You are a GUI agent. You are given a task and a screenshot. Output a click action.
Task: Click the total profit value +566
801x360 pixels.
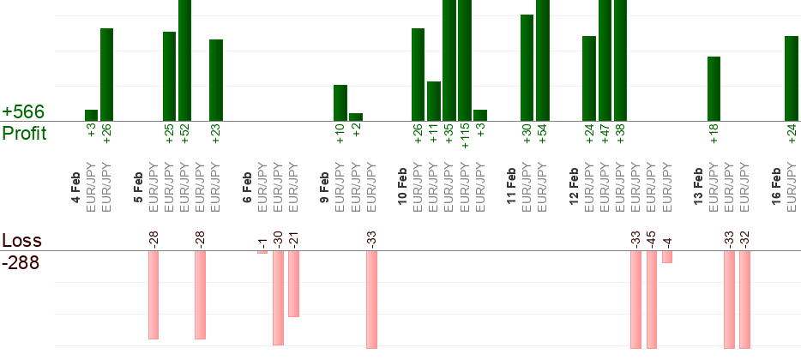[x=23, y=112]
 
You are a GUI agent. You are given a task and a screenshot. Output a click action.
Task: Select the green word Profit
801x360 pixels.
[x=25, y=133]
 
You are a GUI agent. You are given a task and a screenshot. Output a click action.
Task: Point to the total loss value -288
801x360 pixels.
[x=21, y=261]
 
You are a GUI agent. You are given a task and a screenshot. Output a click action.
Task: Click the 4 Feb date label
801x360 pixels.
[x=76, y=189]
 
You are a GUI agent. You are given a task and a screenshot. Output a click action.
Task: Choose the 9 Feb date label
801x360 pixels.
[x=325, y=189]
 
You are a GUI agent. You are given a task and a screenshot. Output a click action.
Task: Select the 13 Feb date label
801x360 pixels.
[x=699, y=189]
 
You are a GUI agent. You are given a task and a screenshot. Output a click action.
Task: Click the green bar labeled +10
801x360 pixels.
[x=340, y=103]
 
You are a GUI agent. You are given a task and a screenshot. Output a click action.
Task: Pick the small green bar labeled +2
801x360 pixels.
[x=356, y=117]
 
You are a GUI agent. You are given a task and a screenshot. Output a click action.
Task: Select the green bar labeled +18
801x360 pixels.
[x=714, y=88]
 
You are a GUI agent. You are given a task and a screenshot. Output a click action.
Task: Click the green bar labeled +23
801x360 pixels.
[x=216, y=80]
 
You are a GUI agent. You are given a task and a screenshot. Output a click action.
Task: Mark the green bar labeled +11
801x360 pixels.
[x=434, y=101]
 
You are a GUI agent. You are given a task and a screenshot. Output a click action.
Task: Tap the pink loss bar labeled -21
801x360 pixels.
[x=293, y=284]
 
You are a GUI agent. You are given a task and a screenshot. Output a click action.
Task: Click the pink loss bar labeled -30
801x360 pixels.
[x=278, y=297]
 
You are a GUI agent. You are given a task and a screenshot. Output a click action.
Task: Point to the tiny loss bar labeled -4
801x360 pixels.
[x=667, y=257]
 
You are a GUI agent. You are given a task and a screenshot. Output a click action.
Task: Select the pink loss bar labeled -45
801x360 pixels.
[x=652, y=299]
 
